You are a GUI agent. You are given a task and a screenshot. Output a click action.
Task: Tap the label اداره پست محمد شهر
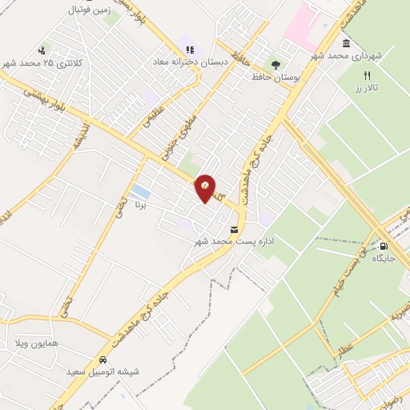(240, 240)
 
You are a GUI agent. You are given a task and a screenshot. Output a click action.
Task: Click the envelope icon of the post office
(233, 229)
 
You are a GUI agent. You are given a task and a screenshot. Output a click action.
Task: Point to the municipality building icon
(345, 43)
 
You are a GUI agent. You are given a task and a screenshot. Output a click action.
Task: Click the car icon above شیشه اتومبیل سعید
(104, 360)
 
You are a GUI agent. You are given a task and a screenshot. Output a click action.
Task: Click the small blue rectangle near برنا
(141, 192)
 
